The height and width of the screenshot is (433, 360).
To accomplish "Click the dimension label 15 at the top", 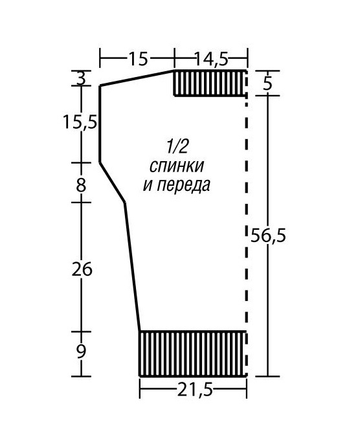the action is (138, 58).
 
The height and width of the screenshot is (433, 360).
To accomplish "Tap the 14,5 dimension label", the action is (212, 58).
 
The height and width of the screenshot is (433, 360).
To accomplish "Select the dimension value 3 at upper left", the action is (81, 78).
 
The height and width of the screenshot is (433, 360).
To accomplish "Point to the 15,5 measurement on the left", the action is (80, 122).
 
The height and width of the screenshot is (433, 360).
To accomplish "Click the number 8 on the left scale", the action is (81, 185).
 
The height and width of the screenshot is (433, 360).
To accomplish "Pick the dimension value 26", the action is (82, 269).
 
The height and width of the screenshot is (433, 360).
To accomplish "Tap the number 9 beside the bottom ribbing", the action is (81, 351).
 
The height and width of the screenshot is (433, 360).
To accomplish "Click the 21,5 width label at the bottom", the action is (195, 390).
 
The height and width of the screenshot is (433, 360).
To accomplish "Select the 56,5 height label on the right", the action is (268, 236).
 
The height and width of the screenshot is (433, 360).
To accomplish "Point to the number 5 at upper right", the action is (267, 83).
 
